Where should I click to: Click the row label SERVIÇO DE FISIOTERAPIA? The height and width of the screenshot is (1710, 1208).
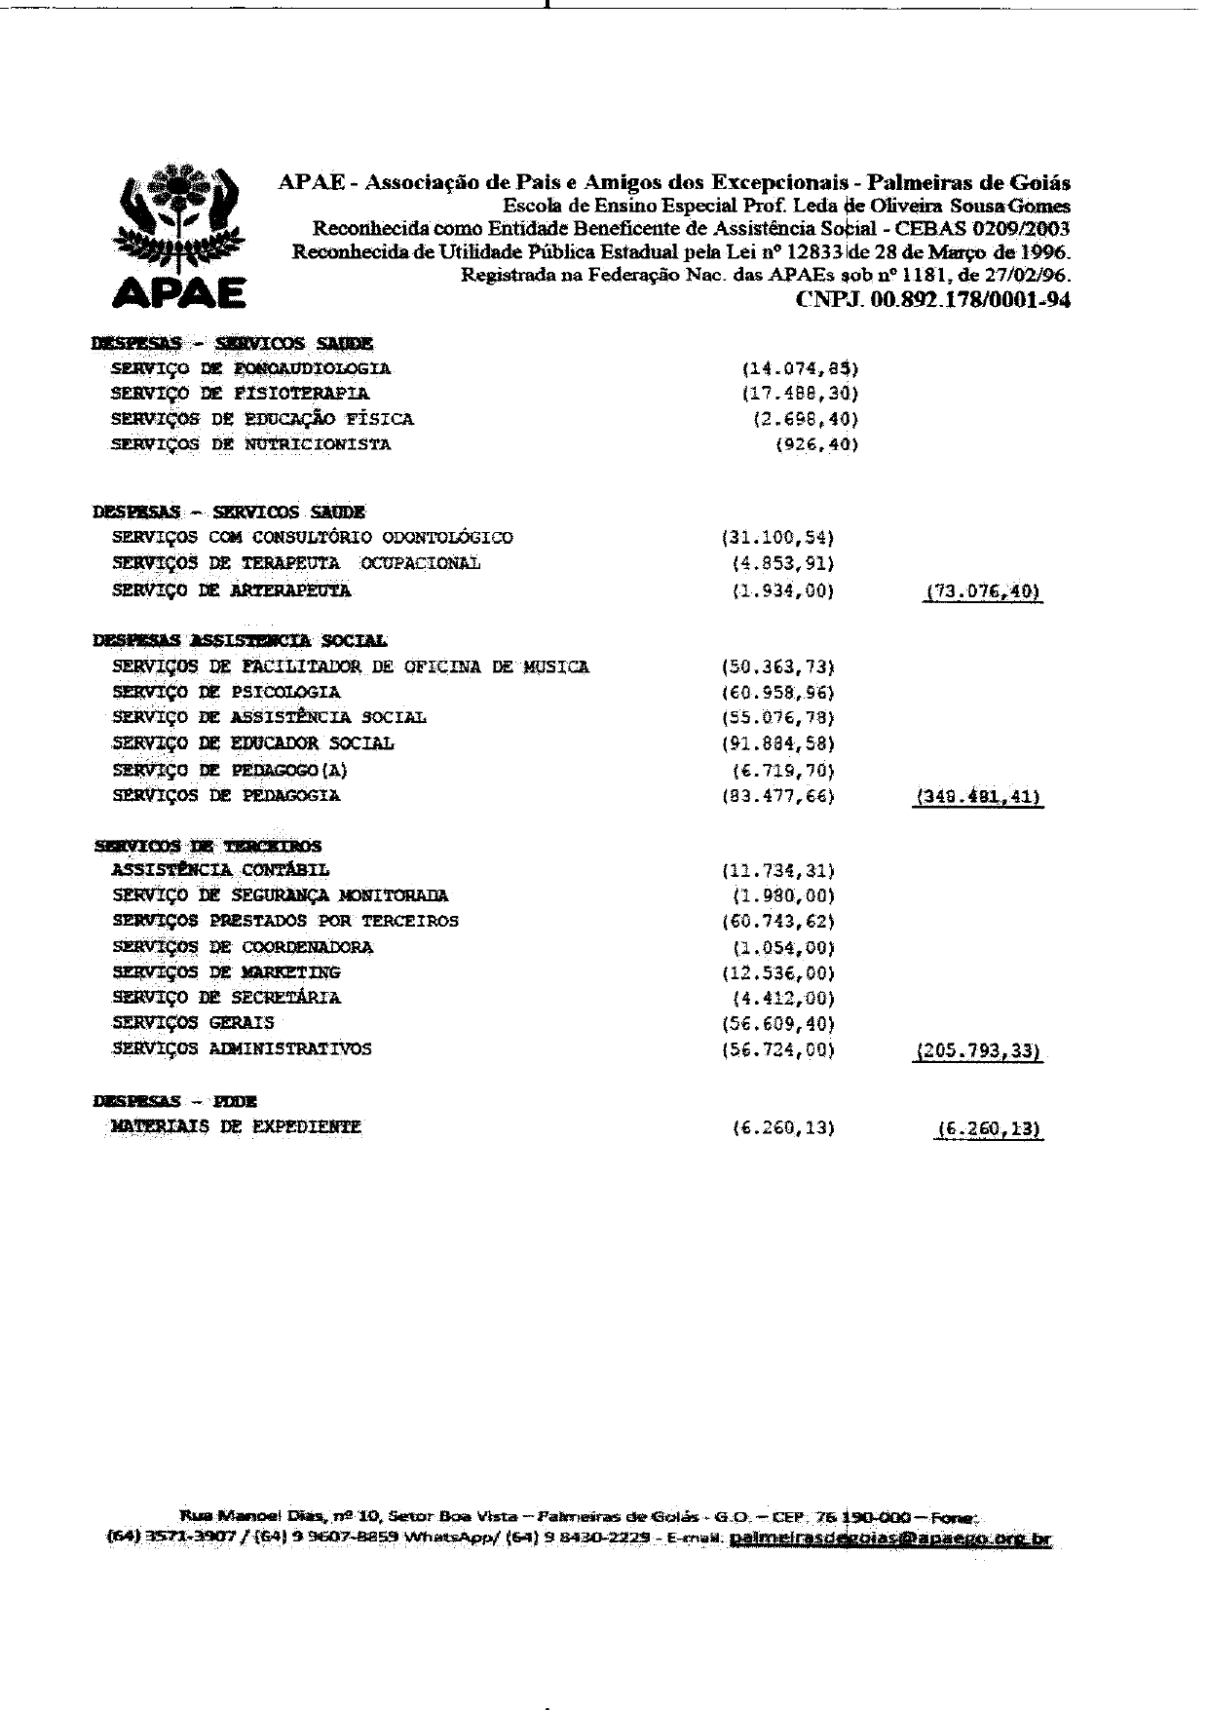240,394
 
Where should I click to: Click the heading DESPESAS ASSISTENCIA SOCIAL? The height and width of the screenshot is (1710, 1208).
240,641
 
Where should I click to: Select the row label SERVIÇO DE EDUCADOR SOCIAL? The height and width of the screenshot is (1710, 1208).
253,743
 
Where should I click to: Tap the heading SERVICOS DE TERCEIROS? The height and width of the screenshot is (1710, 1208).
208,846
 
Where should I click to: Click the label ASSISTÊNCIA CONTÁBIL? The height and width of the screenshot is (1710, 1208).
221,870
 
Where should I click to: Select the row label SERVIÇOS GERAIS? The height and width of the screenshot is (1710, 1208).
194,1023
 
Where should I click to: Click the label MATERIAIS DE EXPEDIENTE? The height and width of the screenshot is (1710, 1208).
237,1127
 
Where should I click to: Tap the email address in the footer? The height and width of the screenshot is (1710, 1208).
889,1540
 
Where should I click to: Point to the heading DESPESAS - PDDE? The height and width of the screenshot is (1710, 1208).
175,1101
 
